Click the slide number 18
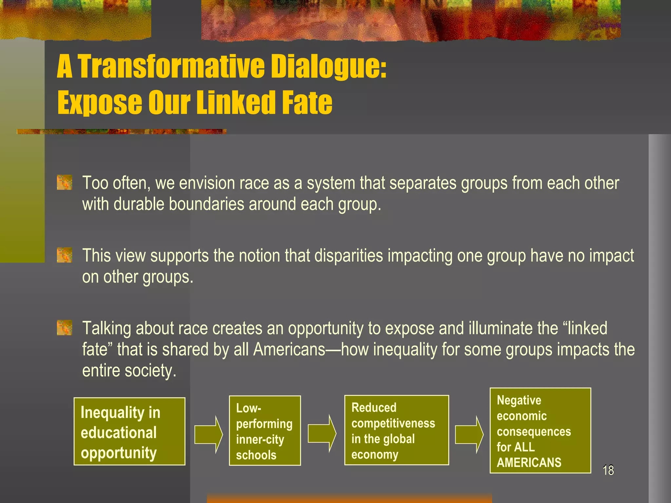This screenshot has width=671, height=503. [x=608, y=470]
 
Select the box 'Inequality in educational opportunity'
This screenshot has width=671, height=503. [x=129, y=431]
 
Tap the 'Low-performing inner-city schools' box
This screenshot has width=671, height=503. [x=265, y=431]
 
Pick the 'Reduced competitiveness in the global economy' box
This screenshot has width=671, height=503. [x=396, y=430]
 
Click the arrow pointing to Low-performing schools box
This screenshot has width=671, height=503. [x=208, y=435]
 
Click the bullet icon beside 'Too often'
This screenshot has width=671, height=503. [x=64, y=182]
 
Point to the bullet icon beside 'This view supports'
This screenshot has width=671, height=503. [x=64, y=255]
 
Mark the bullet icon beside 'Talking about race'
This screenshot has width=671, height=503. [x=64, y=328]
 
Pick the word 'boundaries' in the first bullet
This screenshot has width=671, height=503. [x=206, y=204]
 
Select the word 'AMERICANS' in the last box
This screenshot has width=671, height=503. [x=529, y=462]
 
